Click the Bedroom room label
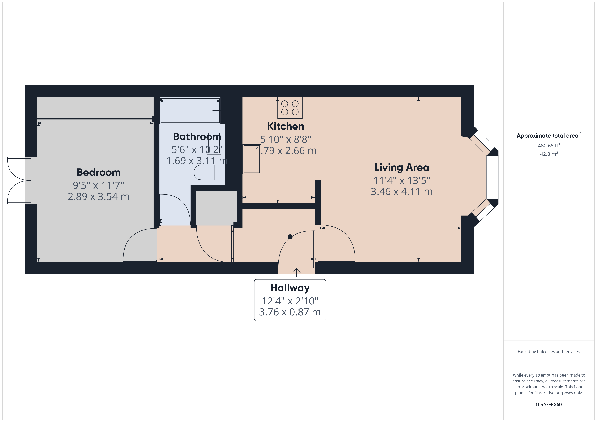pyautogui.click(x=98, y=172)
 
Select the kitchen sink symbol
pyautogui.click(x=251, y=159)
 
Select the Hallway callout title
pyautogui.click(x=290, y=288)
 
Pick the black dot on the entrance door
pyautogui.click(x=290, y=237)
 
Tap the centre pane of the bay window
pyautogui.click(x=492, y=177)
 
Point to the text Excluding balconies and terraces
pyautogui.click(x=548, y=351)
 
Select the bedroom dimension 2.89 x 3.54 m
pyautogui.click(x=98, y=196)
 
